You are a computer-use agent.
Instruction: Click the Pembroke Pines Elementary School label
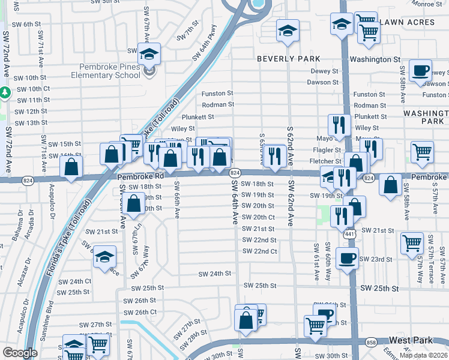point(105,71)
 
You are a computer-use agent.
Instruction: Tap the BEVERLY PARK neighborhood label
point(288,59)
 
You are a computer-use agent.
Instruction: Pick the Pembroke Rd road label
point(140,177)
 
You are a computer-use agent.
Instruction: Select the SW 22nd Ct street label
point(259,251)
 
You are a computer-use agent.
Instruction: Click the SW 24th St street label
point(215,274)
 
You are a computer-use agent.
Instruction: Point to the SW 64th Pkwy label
point(204,48)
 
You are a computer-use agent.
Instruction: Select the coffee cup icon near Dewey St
point(421,70)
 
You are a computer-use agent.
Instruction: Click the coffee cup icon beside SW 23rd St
point(347,258)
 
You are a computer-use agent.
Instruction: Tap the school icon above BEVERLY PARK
point(288,30)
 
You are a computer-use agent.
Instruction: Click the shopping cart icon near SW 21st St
point(412,244)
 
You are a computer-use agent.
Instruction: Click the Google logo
point(20,353)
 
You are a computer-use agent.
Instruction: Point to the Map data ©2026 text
point(423,355)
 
